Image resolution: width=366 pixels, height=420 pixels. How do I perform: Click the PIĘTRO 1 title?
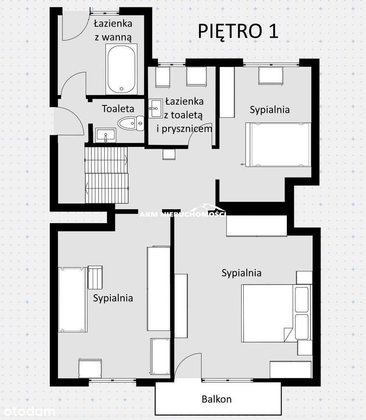[238, 31]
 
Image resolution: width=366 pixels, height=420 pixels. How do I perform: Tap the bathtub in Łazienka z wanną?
[121, 69]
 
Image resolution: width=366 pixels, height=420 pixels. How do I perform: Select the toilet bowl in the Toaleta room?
[131, 123]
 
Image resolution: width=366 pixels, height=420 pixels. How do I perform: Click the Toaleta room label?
[118, 109]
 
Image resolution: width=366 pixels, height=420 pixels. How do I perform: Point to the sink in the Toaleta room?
[105, 135]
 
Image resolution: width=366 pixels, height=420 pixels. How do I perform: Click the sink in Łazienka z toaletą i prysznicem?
[156, 108]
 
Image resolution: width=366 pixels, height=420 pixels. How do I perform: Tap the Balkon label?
[217, 399]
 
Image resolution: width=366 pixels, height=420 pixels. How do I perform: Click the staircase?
[107, 175]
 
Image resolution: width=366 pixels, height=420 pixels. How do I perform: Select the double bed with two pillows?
[277, 313]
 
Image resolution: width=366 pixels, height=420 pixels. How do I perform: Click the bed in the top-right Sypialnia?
[278, 145]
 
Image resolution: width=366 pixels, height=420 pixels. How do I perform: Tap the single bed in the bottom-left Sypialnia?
[73, 299]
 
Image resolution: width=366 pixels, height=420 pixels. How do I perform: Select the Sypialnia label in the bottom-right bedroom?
[241, 273]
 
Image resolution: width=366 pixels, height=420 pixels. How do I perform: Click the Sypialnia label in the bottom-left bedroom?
[113, 298]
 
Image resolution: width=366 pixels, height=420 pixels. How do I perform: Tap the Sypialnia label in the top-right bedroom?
[270, 110]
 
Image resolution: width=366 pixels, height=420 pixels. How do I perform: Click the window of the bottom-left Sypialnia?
[112, 380]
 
